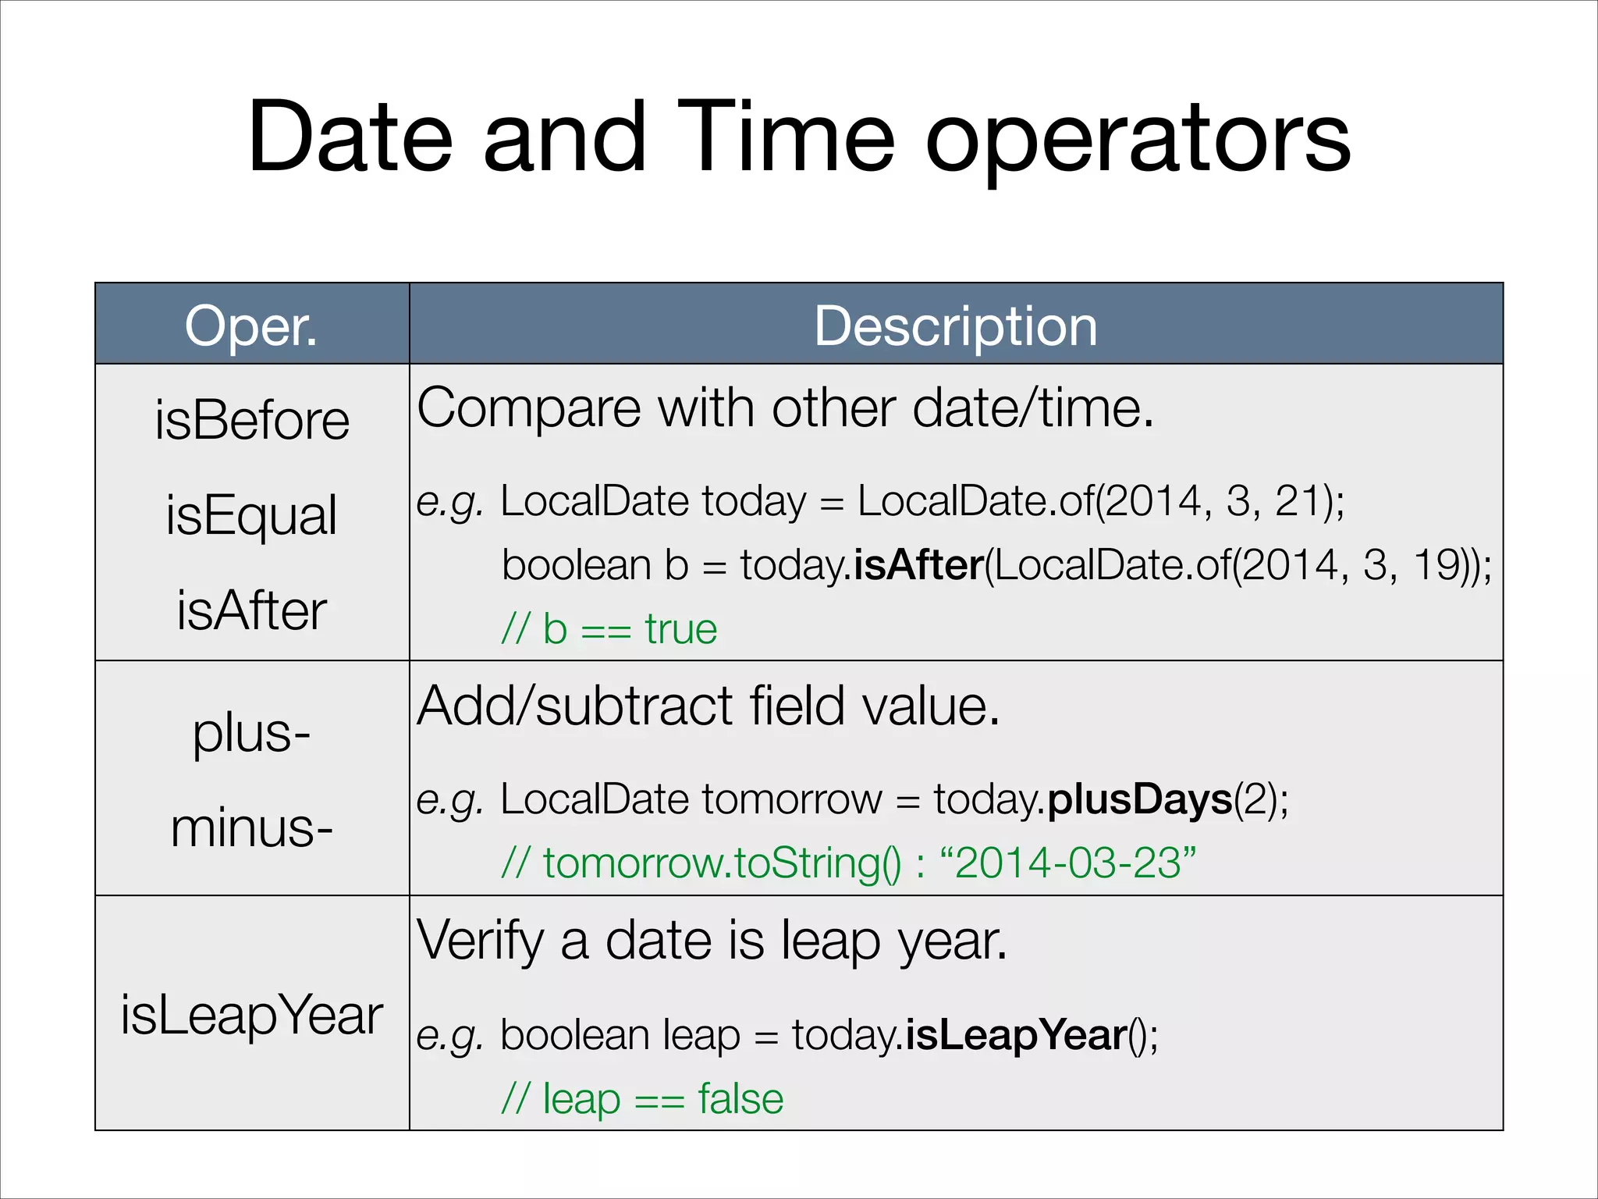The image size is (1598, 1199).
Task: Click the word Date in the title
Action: pos(350,138)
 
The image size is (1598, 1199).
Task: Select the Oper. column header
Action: pos(251,326)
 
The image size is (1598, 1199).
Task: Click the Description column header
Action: pos(956,326)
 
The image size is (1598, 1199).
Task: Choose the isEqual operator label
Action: pos(251,515)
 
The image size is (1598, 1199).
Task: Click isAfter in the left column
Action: pos(251,610)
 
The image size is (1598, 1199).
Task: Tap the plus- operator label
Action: pos(251,734)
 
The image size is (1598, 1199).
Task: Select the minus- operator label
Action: pos(251,828)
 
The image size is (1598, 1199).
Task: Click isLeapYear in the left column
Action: pos(251,1016)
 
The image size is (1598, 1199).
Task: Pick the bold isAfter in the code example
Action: pos(918,565)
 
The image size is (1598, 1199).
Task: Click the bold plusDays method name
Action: pos(1139,800)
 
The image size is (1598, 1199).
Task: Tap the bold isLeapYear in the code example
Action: pos(1015,1036)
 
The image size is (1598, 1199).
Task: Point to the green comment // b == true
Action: pos(609,629)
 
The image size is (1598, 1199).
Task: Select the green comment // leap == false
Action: pos(641,1099)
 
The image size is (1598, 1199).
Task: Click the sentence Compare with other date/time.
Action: pos(784,408)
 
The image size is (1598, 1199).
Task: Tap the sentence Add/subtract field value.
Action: pos(708,706)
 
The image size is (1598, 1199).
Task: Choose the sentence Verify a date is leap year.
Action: pos(712,941)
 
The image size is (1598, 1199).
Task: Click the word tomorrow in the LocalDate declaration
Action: pos(791,800)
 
